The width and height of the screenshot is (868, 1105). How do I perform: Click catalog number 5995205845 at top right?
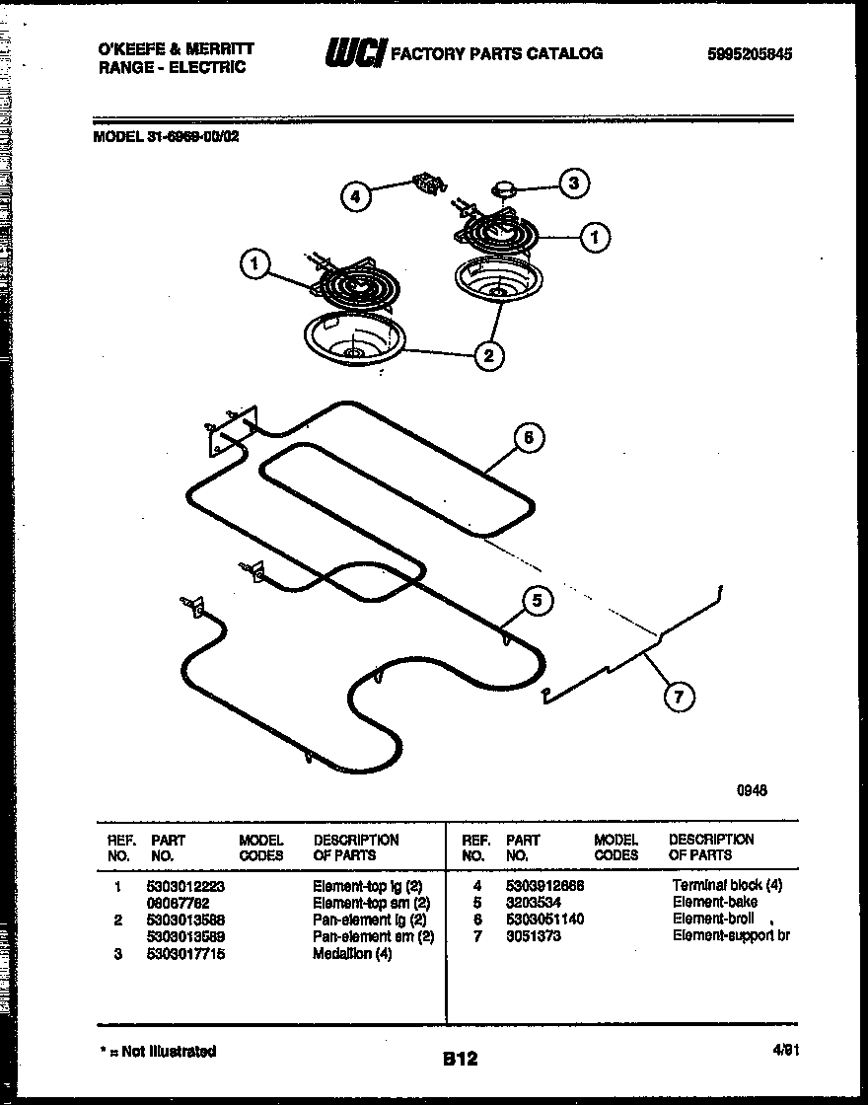tap(750, 55)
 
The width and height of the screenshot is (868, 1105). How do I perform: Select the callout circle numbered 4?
tap(356, 196)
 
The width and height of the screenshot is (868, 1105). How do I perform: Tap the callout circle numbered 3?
tap(574, 183)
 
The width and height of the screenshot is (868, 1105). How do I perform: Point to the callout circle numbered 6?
tap(529, 438)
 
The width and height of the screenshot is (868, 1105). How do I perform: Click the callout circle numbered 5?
tap(537, 601)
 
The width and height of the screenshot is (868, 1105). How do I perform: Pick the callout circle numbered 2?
tap(489, 355)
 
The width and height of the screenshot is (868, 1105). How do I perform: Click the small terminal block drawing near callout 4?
tap(428, 184)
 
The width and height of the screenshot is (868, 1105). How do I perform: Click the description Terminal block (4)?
tap(727, 885)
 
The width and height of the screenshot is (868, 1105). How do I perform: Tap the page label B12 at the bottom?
tap(460, 1059)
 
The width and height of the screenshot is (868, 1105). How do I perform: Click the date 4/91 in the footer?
tap(785, 1052)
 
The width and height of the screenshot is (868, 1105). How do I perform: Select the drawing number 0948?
tap(752, 790)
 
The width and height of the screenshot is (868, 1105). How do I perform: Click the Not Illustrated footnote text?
tap(159, 1052)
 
